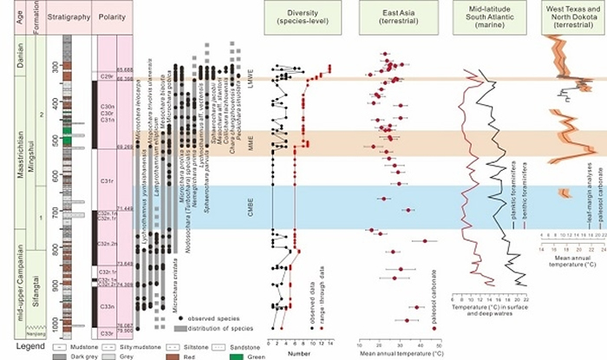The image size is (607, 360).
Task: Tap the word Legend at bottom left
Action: [18, 347]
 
